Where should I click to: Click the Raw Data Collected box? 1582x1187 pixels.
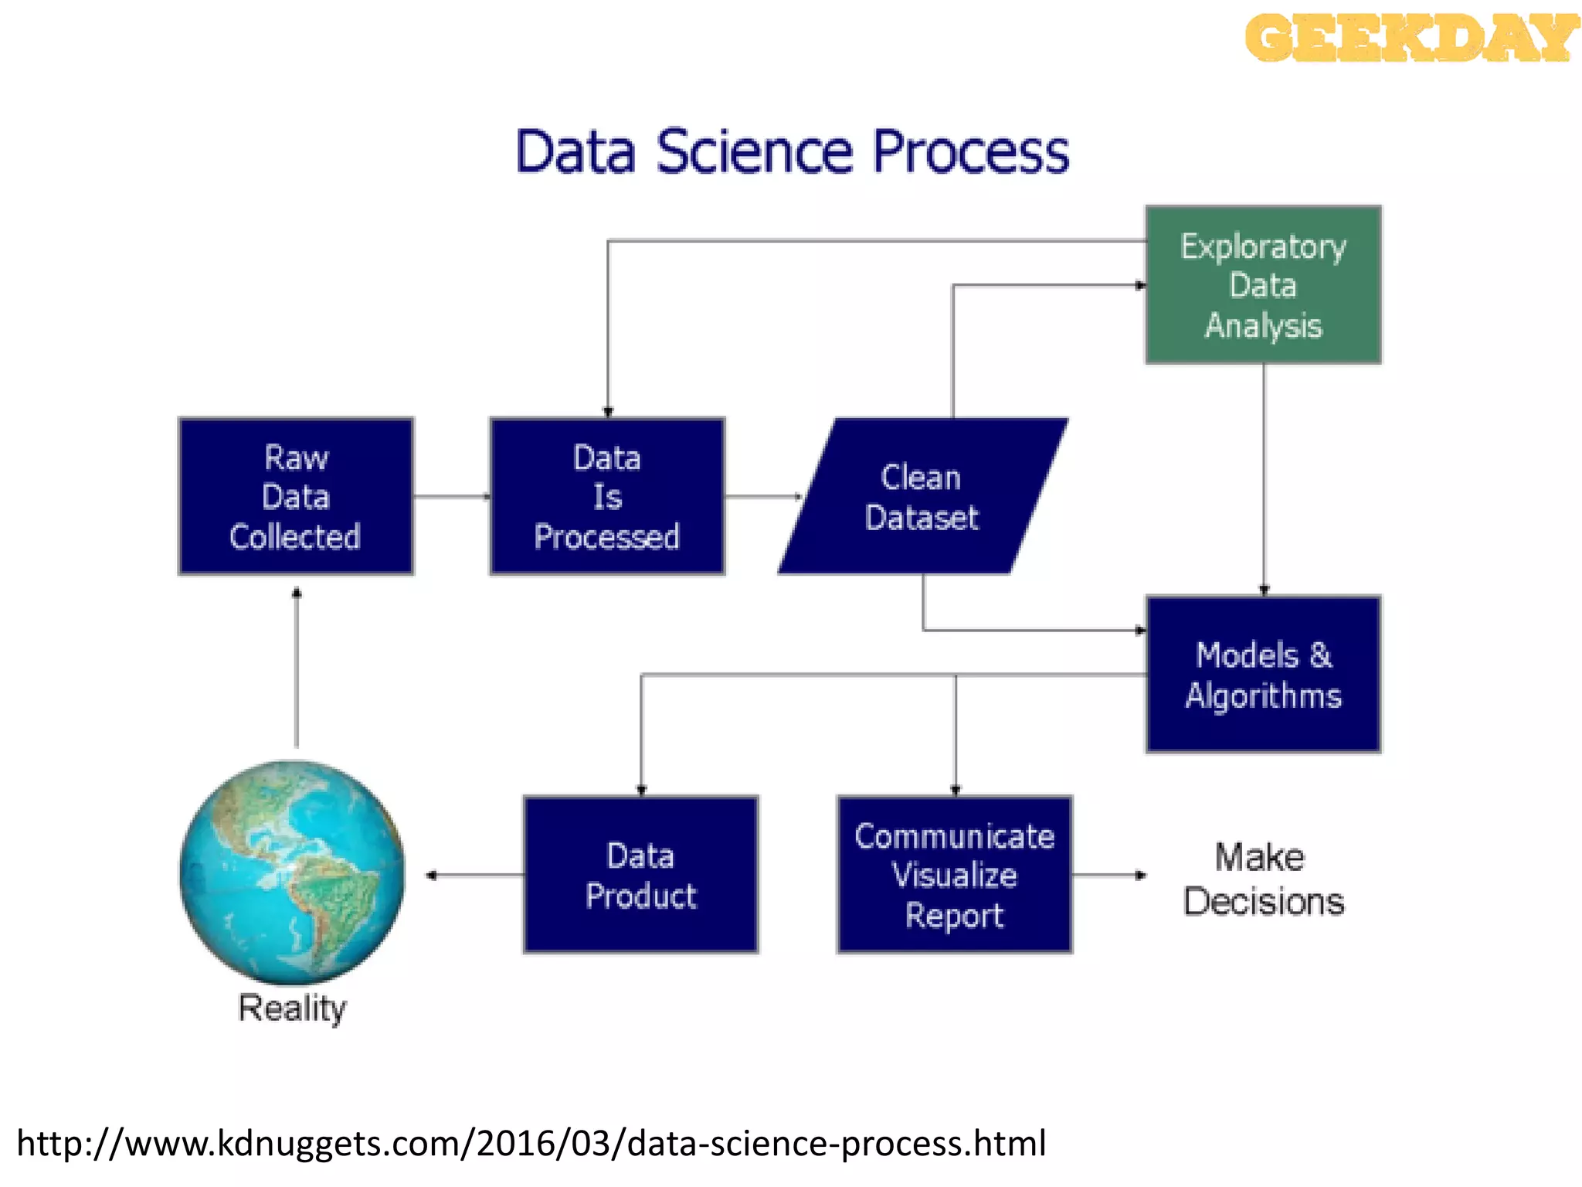click(x=296, y=496)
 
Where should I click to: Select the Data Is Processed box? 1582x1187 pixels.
click(x=607, y=496)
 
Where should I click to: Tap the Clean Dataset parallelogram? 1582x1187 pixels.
click(x=922, y=496)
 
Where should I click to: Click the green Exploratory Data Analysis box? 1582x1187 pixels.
click(x=1263, y=284)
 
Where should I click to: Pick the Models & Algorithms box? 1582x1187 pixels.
click(x=1263, y=674)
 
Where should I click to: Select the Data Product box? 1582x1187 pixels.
click(x=640, y=875)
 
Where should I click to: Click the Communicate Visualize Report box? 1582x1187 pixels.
click(x=955, y=875)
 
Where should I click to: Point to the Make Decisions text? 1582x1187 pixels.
click(x=1263, y=879)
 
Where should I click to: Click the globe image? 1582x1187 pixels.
click(x=292, y=872)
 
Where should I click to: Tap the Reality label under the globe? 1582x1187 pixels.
click(x=292, y=1008)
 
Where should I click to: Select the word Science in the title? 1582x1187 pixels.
click(x=755, y=151)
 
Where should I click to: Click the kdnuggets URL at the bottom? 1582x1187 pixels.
click(x=531, y=1143)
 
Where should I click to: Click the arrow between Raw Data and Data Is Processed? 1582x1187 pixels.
click(x=452, y=496)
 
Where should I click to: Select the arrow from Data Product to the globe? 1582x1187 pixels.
click(x=475, y=875)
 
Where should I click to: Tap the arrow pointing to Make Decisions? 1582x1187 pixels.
click(x=1109, y=875)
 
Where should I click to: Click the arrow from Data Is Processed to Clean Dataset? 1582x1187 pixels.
click(x=763, y=496)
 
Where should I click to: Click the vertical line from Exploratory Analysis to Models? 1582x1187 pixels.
click(x=1264, y=479)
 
